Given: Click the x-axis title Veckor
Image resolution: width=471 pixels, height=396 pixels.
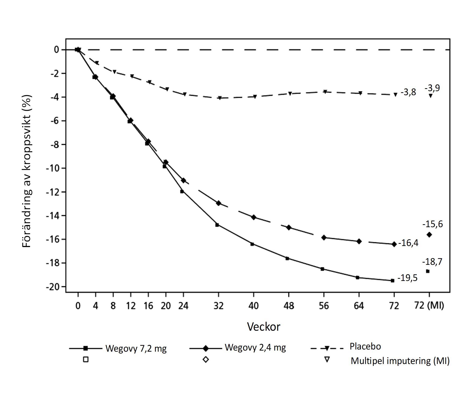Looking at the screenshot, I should pyautogui.click(x=264, y=327).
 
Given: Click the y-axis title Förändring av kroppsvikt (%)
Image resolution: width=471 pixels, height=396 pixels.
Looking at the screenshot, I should pyautogui.click(x=27, y=171).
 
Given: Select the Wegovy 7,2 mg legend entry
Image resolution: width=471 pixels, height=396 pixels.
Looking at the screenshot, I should pyautogui.click(x=136, y=348).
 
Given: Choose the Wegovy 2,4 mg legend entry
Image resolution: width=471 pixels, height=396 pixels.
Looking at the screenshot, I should pyautogui.click(x=255, y=348).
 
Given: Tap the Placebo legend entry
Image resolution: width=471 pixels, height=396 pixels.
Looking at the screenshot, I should pyautogui.click(x=365, y=346).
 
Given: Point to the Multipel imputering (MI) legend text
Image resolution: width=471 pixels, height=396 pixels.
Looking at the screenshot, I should pyautogui.click(x=400, y=361).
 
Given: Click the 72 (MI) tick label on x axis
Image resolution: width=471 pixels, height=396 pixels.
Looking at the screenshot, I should pyautogui.click(x=429, y=306).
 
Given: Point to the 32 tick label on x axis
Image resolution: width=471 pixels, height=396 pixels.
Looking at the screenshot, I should pyautogui.click(x=218, y=306).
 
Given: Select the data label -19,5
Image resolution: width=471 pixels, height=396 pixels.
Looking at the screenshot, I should pyautogui.click(x=407, y=278).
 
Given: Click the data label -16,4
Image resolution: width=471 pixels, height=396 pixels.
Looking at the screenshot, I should pyautogui.click(x=408, y=243).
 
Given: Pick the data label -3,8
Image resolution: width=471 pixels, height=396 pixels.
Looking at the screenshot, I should pyautogui.click(x=408, y=92).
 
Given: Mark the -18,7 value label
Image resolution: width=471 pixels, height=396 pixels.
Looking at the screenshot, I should pyautogui.click(x=432, y=262).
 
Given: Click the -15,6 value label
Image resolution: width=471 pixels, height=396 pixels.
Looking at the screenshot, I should pyautogui.click(x=432, y=224).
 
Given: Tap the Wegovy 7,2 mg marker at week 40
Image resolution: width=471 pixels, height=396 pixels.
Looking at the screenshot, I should pyautogui.click(x=252, y=244).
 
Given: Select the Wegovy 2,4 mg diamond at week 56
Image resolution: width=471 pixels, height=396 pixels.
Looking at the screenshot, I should pyautogui.click(x=324, y=237).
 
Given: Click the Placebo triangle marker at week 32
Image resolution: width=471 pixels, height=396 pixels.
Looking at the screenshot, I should pyautogui.click(x=220, y=98).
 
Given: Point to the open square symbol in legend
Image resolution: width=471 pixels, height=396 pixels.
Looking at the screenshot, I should pyautogui.click(x=85, y=359).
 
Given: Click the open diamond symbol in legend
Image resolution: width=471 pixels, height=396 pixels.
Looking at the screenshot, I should pyautogui.click(x=206, y=359).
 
